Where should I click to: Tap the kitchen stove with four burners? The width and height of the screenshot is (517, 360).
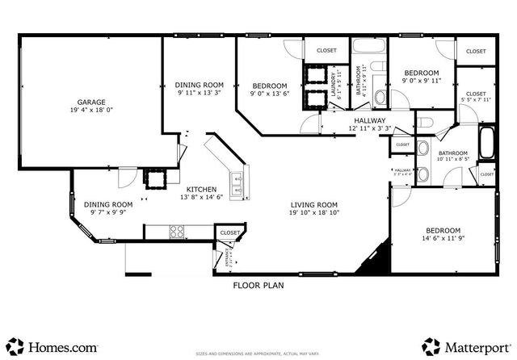pyautogui.click(x=177, y=231)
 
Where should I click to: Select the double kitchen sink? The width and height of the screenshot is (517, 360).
pyautogui.click(x=237, y=186)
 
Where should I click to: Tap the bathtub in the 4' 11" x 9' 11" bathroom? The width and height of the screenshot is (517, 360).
pyautogui.click(x=370, y=44)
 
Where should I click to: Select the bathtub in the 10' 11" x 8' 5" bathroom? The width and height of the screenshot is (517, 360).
pyautogui.click(x=487, y=145)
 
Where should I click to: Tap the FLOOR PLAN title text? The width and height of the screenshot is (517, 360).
pyautogui.click(x=258, y=285)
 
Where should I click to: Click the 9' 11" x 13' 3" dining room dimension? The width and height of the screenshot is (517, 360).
pyautogui.click(x=200, y=93)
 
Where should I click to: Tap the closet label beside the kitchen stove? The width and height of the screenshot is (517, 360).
pyautogui.click(x=229, y=232)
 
